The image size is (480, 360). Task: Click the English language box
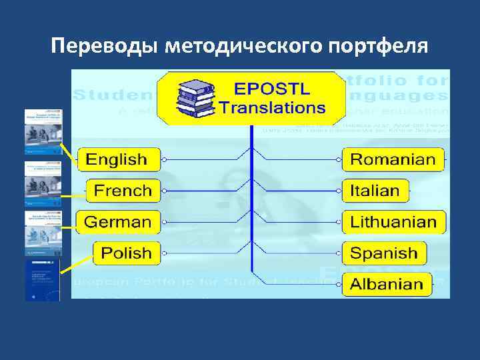118,160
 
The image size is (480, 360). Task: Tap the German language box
118,222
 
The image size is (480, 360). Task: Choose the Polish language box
127,253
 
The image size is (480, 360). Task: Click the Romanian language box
393,160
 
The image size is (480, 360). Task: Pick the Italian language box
375,191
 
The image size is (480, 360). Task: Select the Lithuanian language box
393,222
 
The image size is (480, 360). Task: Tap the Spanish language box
383,253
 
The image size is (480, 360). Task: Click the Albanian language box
387,284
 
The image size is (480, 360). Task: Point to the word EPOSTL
271,88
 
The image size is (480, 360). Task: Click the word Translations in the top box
273,107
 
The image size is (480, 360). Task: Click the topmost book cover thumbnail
43,131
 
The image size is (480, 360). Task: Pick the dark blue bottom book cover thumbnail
43,280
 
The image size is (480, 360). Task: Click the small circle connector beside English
165,160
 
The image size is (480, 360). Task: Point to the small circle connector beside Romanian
338,160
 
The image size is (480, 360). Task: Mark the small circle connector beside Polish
165,253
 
